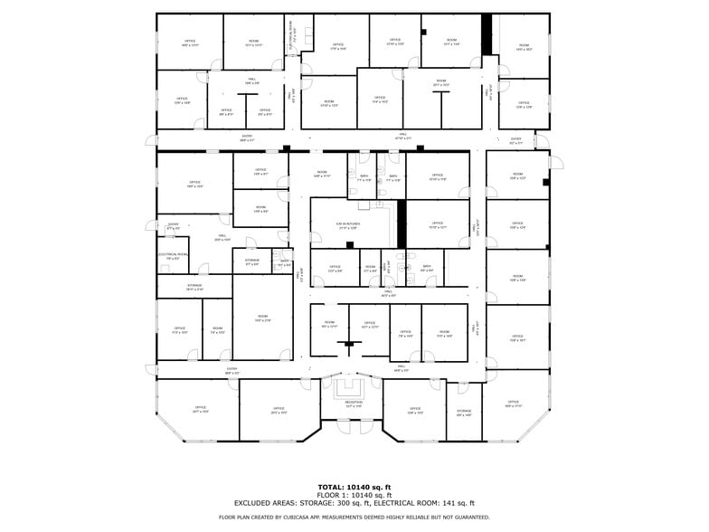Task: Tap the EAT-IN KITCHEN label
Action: coord(348,225)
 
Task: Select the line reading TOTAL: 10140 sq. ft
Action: coord(354,488)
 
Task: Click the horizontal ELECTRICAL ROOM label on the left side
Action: coord(173,255)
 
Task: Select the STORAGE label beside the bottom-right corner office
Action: coord(464,413)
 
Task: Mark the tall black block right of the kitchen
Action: coord(402,223)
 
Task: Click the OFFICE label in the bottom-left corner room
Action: coord(200,409)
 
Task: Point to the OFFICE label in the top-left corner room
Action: coord(190,42)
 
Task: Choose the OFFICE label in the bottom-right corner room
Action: coord(514,403)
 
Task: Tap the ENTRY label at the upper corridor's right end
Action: coord(515,140)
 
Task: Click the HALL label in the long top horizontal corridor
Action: coord(403,137)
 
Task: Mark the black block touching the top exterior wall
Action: coord(487,33)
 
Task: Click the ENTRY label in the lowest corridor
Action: coord(232,369)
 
